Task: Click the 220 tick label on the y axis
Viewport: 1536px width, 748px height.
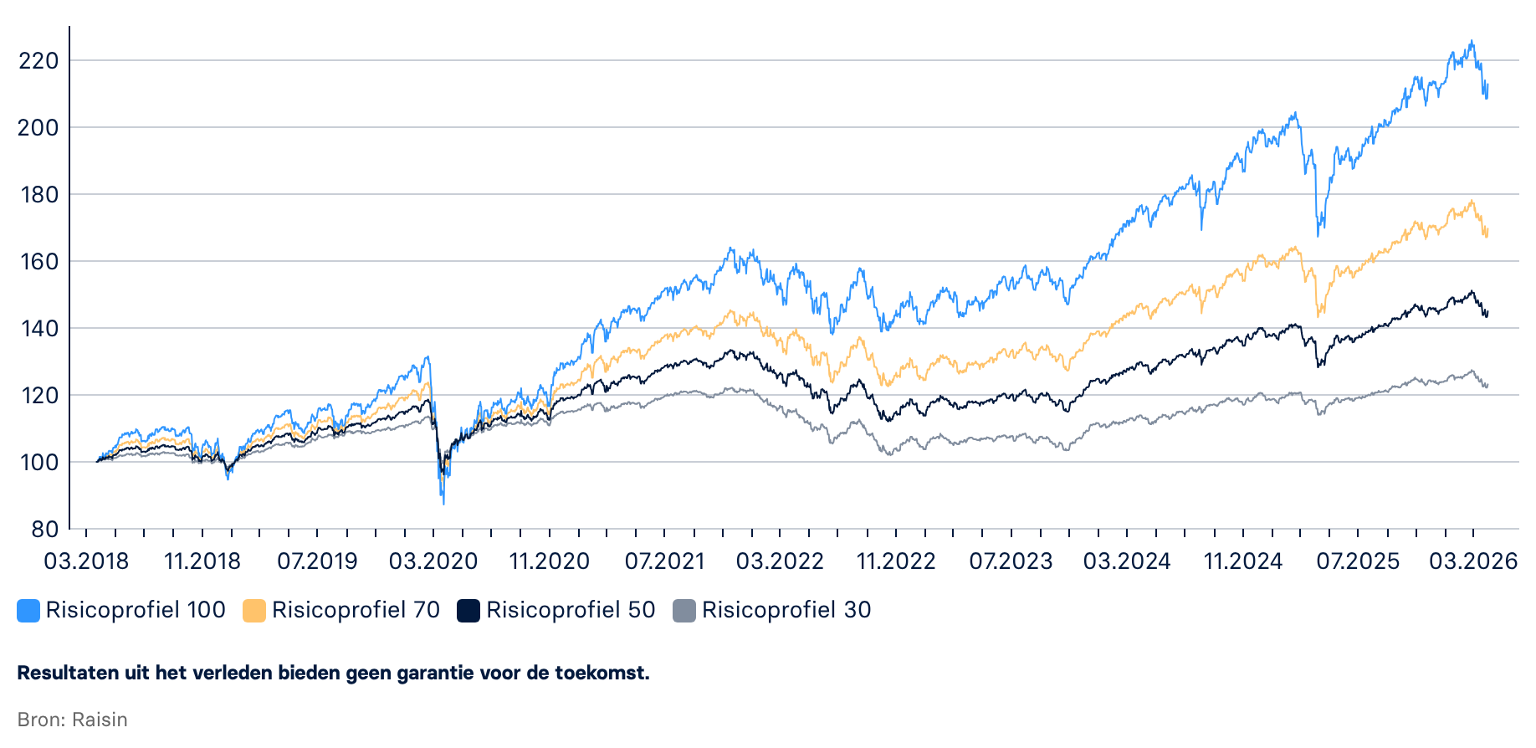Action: [x=38, y=61]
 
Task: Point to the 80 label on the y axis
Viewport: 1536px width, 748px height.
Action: [x=44, y=530]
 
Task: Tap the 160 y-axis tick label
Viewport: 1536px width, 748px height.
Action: [x=38, y=262]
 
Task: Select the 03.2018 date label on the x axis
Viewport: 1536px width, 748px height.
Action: [x=86, y=561]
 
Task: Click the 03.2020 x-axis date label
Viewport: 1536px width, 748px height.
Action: [x=433, y=561]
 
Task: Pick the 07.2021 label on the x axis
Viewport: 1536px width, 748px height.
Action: [x=665, y=561]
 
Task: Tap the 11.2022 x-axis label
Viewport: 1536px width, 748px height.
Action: [x=896, y=561]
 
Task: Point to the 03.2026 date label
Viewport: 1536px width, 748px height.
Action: [x=1473, y=561]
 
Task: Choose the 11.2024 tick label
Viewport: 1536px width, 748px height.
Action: [x=1243, y=561]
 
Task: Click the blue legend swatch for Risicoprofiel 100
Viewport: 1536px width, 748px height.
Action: [x=28, y=611]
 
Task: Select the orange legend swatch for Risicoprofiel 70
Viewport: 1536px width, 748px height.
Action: [x=254, y=611]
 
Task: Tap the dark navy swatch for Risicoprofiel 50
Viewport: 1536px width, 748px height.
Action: [x=468, y=611]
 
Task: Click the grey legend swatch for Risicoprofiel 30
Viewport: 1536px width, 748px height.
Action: [x=684, y=611]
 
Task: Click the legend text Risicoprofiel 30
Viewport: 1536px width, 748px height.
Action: [x=786, y=610]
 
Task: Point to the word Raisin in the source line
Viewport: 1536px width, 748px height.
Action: [x=100, y=720]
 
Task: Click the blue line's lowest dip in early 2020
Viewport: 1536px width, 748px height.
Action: [x=443, y=503]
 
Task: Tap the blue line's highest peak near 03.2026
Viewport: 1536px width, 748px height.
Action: [x=1472, y=41]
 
